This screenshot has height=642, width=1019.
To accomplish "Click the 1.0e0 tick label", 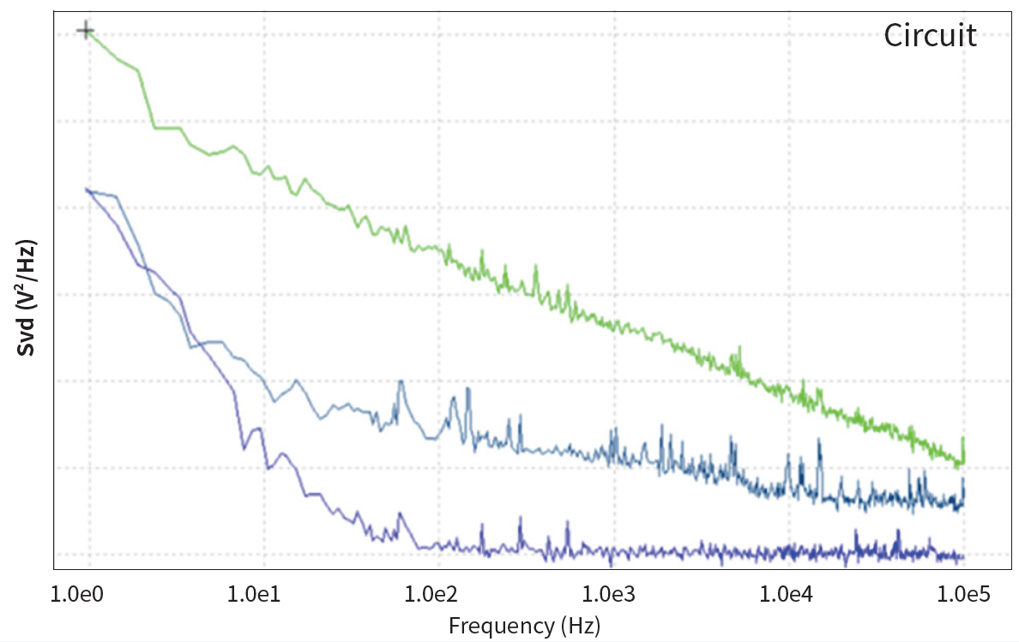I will tap(84, 592).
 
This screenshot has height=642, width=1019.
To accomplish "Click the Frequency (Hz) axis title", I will tap(524, 626).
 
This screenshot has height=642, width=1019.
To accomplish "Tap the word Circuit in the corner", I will tap(930, 36).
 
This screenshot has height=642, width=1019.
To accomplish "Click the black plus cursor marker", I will tap(85, 32).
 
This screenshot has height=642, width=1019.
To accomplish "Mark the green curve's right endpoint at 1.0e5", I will tap(963, 463).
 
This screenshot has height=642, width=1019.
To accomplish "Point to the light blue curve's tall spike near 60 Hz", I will tap(401, 383).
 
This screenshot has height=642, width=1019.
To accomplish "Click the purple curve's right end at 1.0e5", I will tap(962, 558).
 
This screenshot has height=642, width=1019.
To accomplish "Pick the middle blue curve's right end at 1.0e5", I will tap(963, 502).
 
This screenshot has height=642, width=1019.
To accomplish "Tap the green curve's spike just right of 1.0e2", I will tap(483, 254).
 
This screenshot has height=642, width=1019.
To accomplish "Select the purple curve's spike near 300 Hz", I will tap(521, 519).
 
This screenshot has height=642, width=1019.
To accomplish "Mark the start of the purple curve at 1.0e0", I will tap(86, 189).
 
